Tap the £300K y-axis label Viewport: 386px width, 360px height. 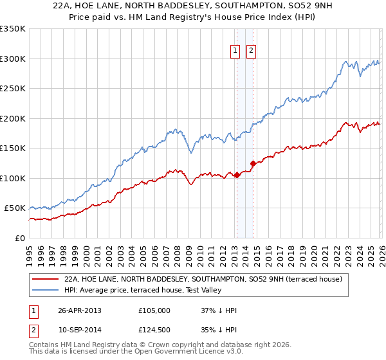point(13,59)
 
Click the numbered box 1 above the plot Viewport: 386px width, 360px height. point(235,51)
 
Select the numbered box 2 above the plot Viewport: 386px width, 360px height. point(251,51)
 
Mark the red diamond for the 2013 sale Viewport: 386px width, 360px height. point(237,175)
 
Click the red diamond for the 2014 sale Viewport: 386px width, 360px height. point(253,163)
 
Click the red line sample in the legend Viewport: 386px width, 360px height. point(45,280)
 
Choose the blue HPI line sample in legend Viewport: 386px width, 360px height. point(45,290)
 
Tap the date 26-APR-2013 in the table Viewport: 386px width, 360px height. point(80,310)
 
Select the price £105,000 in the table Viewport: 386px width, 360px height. point(154,310)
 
